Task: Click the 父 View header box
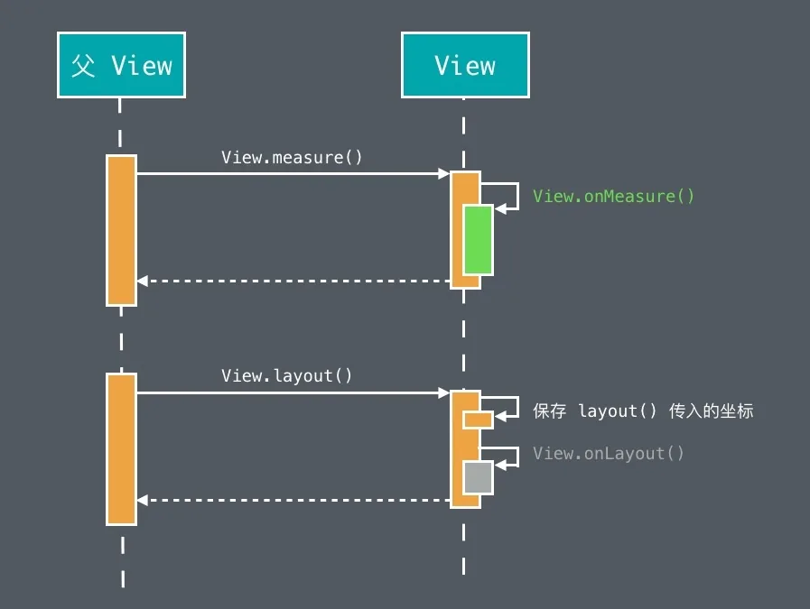[x=121, y=65]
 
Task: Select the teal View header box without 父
[x=465, y=65]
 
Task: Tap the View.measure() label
[x=292, y=157]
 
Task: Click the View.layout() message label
[x=286, y=375]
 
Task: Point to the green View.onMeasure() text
[x=614, y=196]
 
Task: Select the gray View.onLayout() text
[x=609, y=453]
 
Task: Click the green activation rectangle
[x=478, y=239]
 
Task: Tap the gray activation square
[x=478, y=477]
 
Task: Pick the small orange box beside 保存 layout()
[x=478, y=420]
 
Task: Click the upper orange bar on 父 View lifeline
[x=121, y=230]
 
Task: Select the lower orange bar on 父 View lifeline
[x=121, y=449]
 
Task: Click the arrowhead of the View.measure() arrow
[x=443, y=173]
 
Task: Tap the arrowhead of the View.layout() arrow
[x=443, y=392]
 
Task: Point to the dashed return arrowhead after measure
[x=143, y=281]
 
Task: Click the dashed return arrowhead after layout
[x=143, y=500]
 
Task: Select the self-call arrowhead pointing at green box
[x=500, y=209]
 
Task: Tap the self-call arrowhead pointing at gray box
[x=500, y=465]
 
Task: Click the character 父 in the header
[x=83, y=66]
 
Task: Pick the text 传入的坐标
[x=712, y=411]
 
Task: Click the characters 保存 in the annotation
[x=550, y=411]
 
